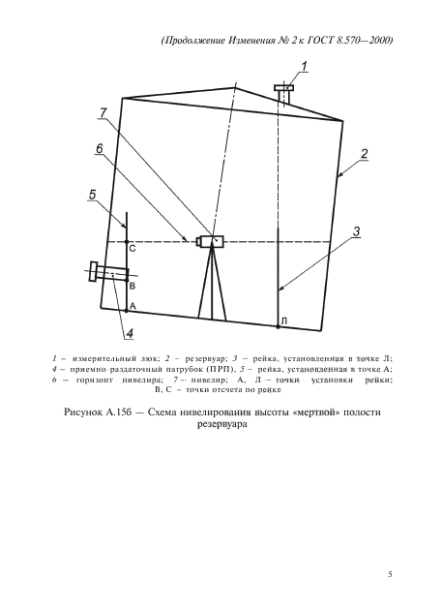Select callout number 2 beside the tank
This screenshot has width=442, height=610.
[x=364, y=154]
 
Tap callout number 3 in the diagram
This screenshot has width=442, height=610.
[x=356, y=231]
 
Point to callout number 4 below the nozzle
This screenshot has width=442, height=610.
[x=128, y=335]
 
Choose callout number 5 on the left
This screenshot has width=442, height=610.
[x=91, y=195]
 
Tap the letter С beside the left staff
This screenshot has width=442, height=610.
[x=133, y=250]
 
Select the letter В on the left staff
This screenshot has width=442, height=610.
[x=133, y=288]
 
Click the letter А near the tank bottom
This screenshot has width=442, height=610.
[x=133, y=306]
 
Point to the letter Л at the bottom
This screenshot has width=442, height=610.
[x=284, y=320]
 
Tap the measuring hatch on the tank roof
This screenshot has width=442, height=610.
[x=284, y=90]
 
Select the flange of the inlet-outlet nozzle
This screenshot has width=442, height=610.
[x=93, y=271]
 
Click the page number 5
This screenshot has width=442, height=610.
[x=390, y=575]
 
